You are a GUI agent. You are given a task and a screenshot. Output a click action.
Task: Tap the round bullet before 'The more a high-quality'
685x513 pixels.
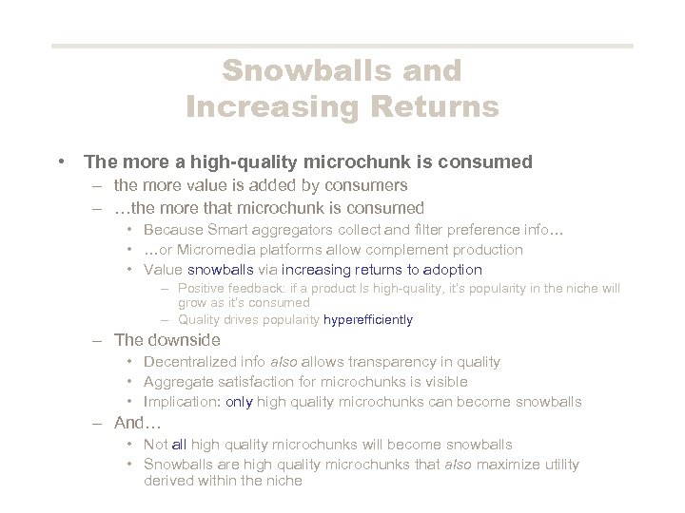(62, 161)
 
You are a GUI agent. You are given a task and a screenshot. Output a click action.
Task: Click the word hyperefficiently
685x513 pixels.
(368, 320)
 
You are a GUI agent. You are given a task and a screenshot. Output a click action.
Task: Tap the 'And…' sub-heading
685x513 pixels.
(134, 423)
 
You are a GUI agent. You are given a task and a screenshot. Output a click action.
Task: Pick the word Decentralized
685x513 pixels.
(192, 362)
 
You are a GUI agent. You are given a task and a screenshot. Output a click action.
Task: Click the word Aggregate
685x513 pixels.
(178, 382)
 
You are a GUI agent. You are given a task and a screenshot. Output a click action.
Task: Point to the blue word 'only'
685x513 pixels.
(239, 402)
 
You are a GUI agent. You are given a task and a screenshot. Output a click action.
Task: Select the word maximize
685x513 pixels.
(502, 465)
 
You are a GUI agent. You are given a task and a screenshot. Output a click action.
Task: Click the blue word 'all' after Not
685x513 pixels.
(181, 445)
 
